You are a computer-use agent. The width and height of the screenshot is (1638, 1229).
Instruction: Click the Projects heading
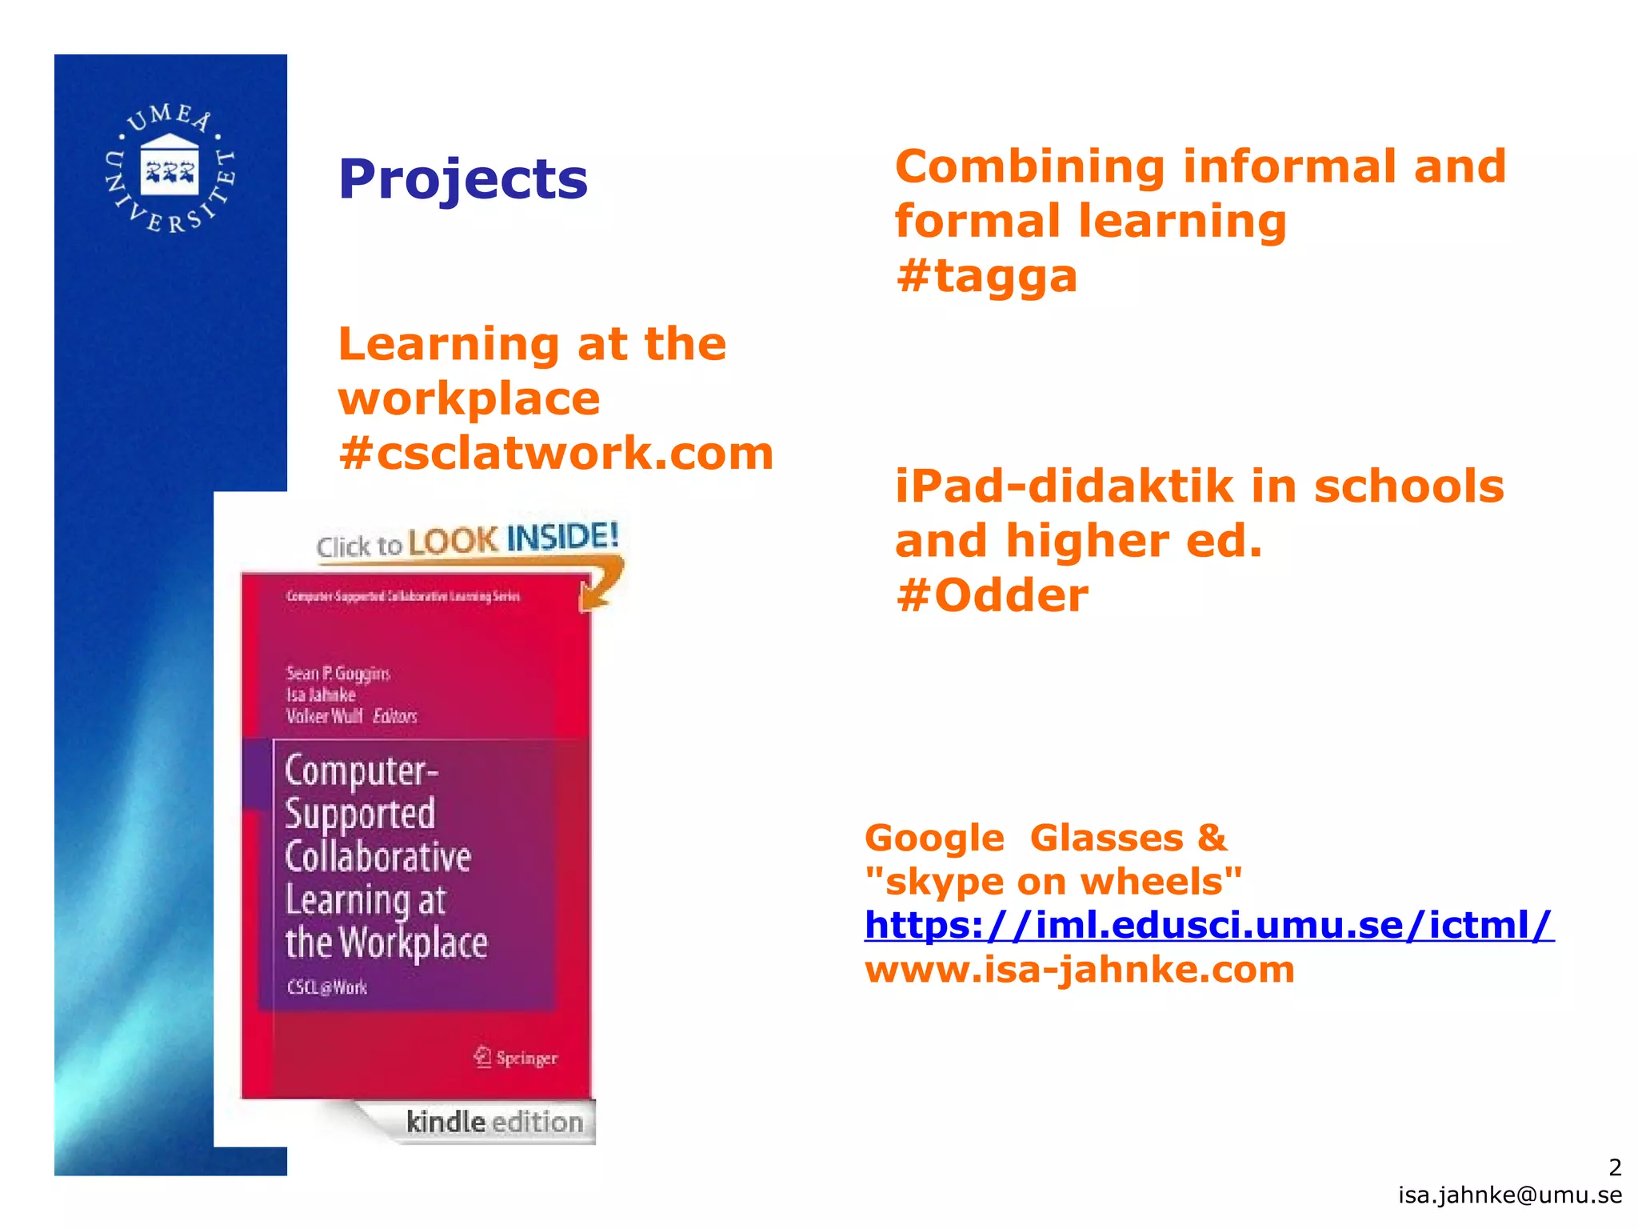point(462,179)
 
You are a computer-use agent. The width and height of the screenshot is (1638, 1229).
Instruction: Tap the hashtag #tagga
point(986,276)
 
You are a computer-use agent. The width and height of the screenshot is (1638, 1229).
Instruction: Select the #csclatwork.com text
point(556,453)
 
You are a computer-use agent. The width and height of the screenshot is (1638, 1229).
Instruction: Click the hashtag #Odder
point(992,595)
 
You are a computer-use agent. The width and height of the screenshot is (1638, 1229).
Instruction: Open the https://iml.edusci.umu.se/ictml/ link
point(1209,925)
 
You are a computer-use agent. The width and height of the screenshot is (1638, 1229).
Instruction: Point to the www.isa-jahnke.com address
point(1079,970)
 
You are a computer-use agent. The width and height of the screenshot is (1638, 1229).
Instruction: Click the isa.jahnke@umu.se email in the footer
point(1510,1195)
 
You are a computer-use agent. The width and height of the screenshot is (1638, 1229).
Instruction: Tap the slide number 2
point(1615,1167)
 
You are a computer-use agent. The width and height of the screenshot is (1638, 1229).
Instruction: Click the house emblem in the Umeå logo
point(170,166)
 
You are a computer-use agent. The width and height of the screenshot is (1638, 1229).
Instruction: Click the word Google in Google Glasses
point(934,839)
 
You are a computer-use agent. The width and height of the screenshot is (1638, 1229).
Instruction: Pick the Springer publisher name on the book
point(526,1058)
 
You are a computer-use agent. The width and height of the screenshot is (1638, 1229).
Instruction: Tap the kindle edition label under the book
point(494,1122)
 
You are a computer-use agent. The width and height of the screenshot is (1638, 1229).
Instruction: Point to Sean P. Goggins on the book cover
point(338,673)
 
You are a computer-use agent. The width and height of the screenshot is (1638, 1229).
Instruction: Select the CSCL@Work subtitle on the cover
point(327,987)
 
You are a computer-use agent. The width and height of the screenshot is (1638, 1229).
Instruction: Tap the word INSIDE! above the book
point(563,536)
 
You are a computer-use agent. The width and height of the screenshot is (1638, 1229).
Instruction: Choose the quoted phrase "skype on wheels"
point(1053,882)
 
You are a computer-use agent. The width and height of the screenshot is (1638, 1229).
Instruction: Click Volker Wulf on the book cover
point(324,715)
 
